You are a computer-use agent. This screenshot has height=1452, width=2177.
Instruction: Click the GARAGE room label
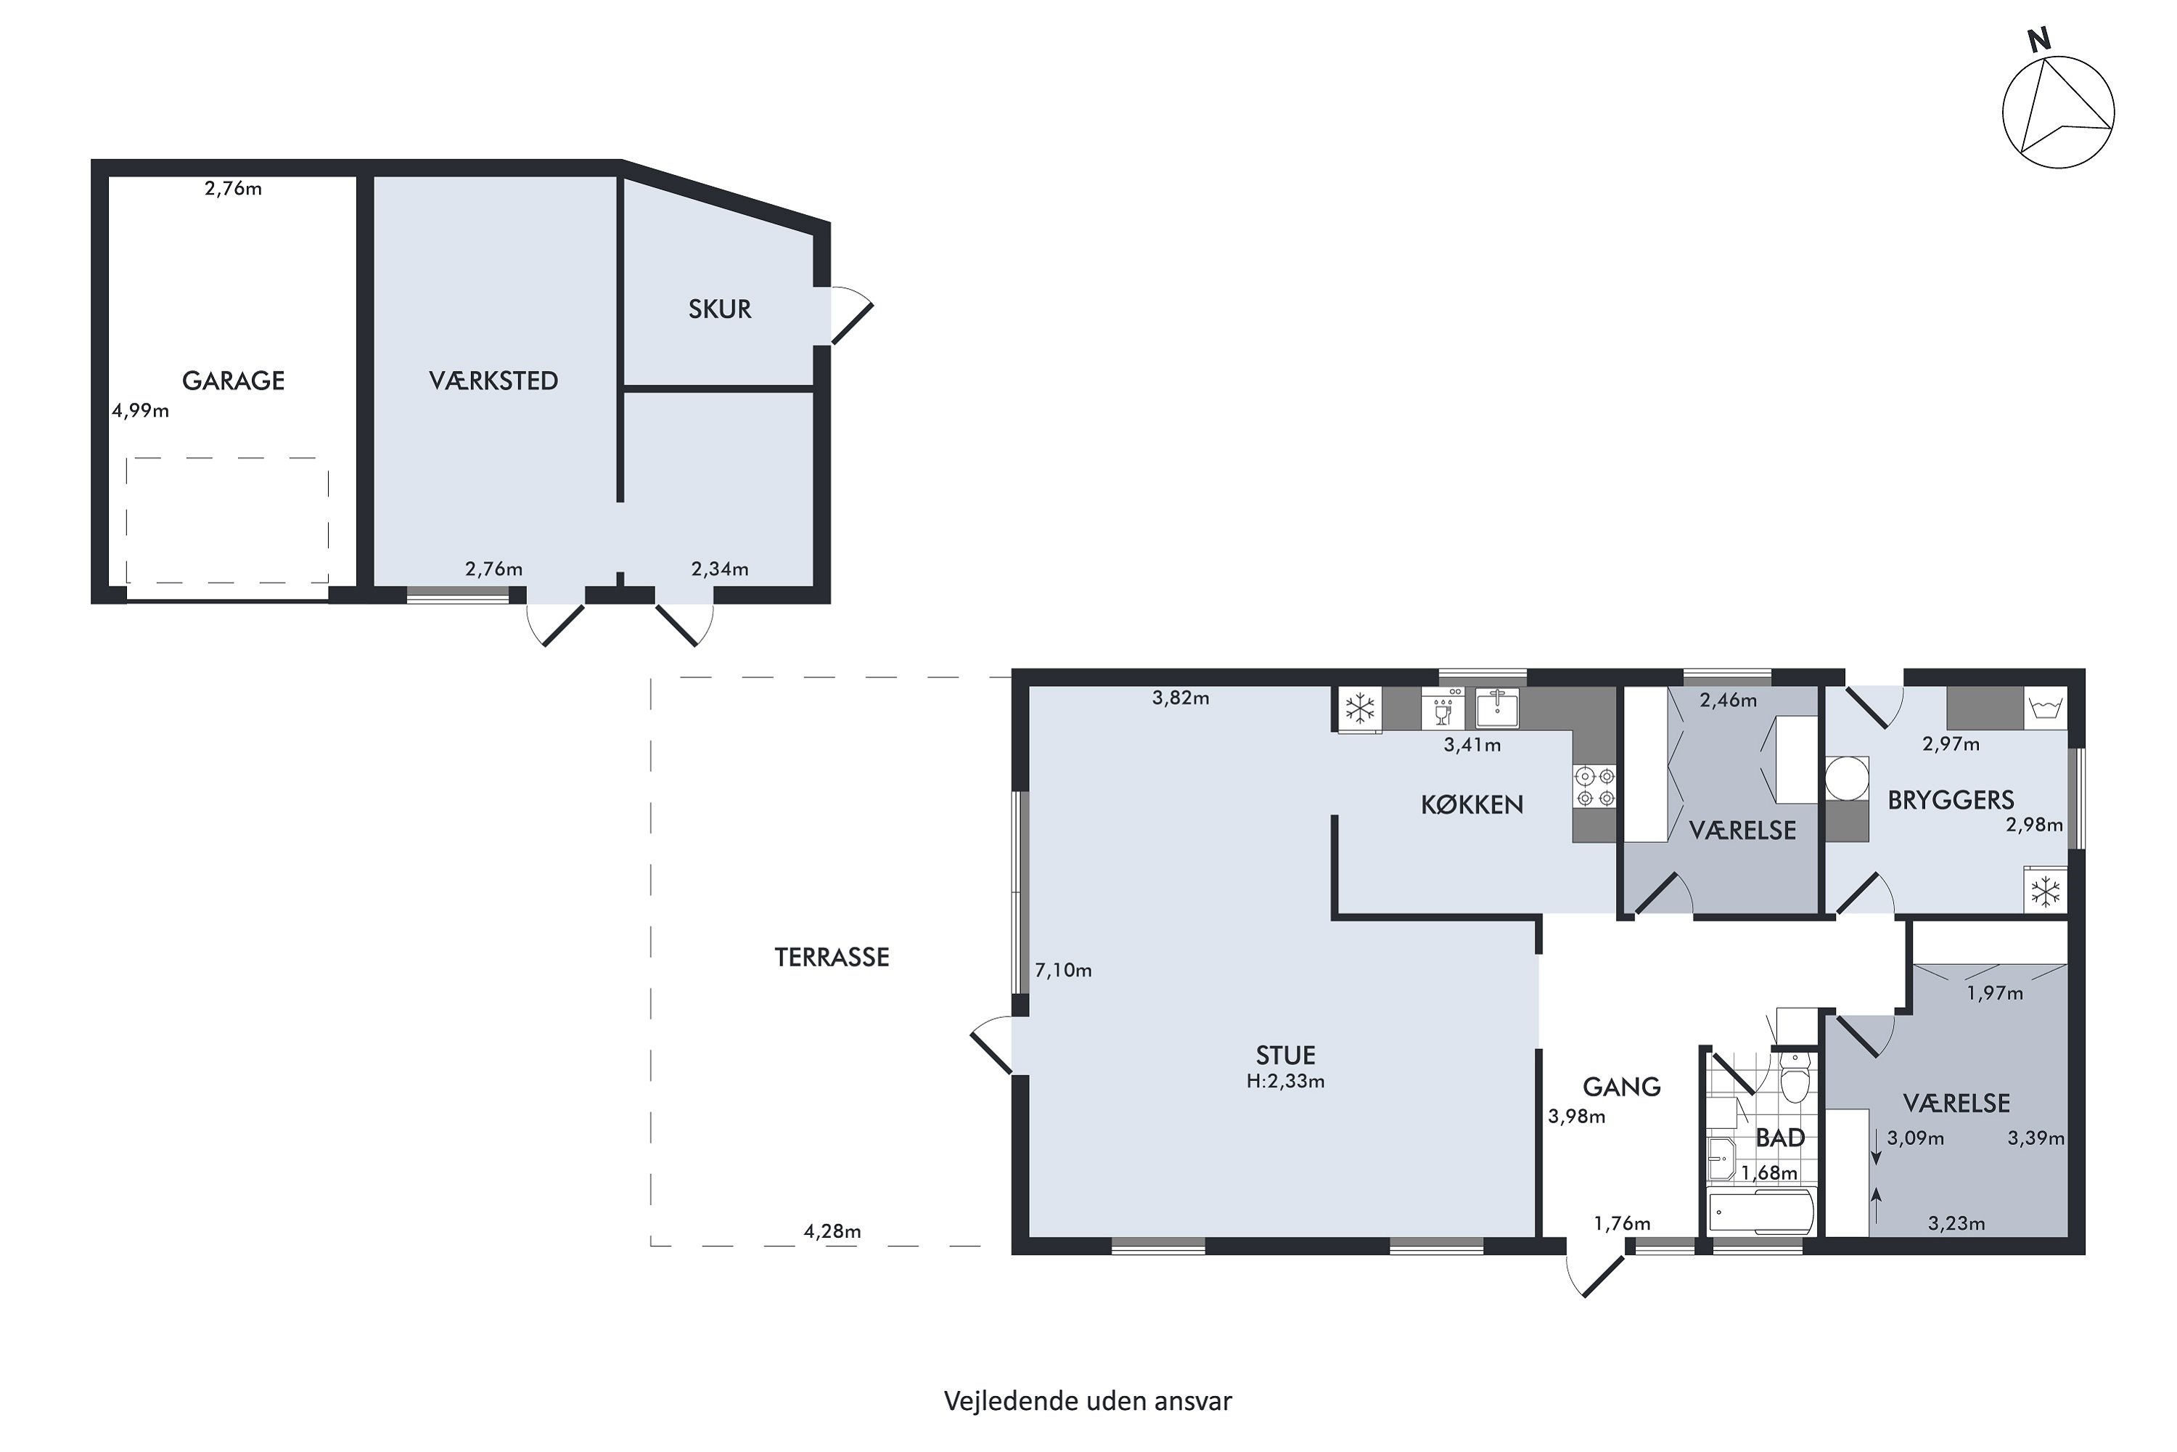[233, 380]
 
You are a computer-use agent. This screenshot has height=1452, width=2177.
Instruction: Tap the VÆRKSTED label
[493, 380]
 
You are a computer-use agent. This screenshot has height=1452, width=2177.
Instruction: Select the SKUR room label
[719, 309]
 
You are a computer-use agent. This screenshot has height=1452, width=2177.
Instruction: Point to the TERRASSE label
[831, 958]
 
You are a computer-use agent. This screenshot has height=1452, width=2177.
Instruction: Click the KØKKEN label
[1472, 804]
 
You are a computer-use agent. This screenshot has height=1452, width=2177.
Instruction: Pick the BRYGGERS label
[1951, 800]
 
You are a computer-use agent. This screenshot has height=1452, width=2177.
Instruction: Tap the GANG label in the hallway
[1622, 1086]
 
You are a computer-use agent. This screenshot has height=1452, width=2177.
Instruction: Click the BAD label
[1781, 1138]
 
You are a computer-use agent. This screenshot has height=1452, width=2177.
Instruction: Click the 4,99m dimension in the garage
[141, 410]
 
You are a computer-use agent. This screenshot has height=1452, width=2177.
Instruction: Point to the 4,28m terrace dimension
[832, 1231]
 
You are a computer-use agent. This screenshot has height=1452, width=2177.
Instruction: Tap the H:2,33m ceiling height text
[1286, 1081]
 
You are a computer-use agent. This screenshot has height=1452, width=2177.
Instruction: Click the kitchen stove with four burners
[1595, 786]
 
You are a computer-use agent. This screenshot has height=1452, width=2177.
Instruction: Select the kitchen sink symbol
[1496, 709]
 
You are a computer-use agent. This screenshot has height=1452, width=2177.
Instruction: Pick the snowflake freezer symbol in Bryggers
[2045, 892]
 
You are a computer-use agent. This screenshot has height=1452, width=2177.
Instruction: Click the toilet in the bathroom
[1794, 1079]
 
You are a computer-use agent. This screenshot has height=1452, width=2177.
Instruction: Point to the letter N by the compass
[2039, 41]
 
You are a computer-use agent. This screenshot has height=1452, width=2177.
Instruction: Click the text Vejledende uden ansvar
[1088, 1401]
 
